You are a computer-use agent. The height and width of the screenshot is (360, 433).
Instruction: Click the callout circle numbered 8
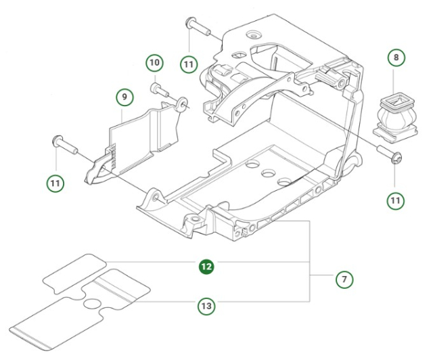(396, 58)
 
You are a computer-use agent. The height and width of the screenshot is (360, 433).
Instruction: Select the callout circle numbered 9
(124, 97)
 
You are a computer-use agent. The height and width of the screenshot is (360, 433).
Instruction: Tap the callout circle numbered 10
(155, 63)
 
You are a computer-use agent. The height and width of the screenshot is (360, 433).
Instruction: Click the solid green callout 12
(206, 267)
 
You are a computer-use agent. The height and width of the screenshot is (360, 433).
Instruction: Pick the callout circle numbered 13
(206, 306)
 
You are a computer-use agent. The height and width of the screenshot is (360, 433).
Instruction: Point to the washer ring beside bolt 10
(182, 104)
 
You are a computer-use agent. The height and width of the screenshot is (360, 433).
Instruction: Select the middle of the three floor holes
(269, 175)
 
